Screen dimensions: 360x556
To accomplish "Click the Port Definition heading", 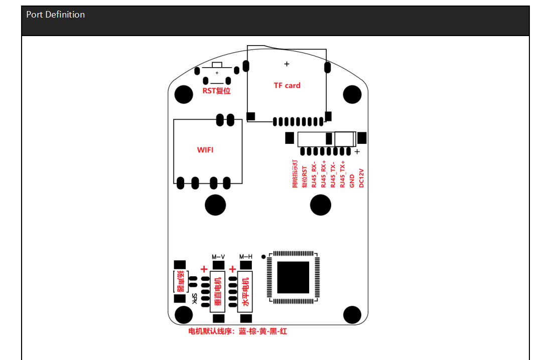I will click(x=55, y=15).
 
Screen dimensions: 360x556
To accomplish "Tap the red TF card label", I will click(x=287, y=85).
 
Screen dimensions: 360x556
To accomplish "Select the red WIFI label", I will click(x=206, y=149).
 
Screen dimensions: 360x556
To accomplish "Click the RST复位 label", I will click(x=216, y=91).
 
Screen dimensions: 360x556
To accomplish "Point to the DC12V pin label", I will click(x=361, y=178).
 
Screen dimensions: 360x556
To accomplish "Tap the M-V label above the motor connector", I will click(x=218, y=257).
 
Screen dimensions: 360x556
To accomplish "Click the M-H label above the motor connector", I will click(x=246, y=257).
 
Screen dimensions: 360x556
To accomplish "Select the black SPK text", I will click(x=194, y=298).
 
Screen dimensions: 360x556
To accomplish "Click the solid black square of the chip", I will click(x=293, y=277).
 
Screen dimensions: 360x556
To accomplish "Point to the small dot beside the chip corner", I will click(x=264, y=257).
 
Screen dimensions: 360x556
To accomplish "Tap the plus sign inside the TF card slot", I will click(x=287, y=64).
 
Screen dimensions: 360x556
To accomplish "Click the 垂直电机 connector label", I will click(x=218, y=291).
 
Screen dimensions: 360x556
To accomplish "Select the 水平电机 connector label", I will click(x=246, y=291).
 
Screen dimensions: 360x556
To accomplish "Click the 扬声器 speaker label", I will click(x=180, y=282).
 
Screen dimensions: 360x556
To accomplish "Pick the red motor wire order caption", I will click(x=237, y=331).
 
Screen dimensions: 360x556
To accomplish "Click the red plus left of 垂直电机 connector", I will click(x=204, y=270).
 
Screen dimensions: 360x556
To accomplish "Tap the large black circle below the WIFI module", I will click(x=215, y=205).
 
